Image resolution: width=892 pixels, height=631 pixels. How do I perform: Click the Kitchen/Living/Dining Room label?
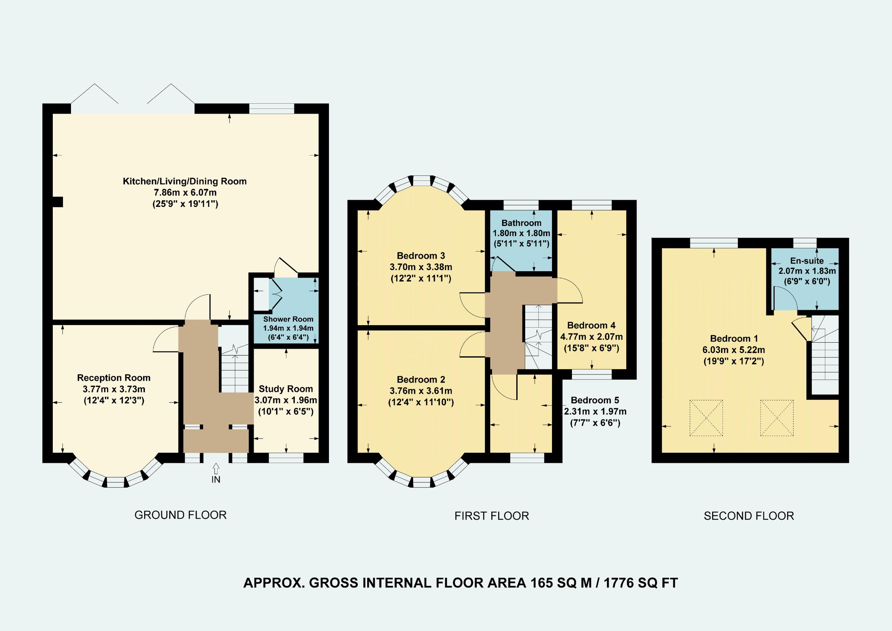[x=185, y=181]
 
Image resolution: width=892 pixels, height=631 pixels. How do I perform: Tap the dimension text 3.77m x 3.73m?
[x=114, y=389]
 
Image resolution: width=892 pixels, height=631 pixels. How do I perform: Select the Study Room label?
[x=285, y=389]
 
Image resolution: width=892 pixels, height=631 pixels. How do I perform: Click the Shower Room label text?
[x=288, y=319]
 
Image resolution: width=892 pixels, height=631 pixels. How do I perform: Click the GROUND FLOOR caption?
[x=180, y=515]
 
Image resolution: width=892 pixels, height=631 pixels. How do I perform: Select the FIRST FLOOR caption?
[x=491, y=516]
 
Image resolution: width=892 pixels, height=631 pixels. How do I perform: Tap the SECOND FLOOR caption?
[x=749, y=516]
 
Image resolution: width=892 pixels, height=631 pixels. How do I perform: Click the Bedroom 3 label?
[x=421, y=256]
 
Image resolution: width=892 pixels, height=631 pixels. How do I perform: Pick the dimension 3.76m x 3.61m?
[x=421, y=391]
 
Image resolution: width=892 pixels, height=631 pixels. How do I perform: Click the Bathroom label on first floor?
[x=521, y=223]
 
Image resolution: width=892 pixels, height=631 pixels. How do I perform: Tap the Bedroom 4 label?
[x=591, y=326]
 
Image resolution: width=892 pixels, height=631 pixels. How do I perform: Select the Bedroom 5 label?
[x=595, y=400]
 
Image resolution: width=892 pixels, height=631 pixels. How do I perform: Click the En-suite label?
[x=807, y=261]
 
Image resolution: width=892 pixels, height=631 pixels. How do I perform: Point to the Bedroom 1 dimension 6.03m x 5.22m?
[x=734, y=350]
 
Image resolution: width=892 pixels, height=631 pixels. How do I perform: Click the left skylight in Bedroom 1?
[x=706, y=418]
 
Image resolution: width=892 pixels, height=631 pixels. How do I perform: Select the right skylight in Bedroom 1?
[x=777, y=418]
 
